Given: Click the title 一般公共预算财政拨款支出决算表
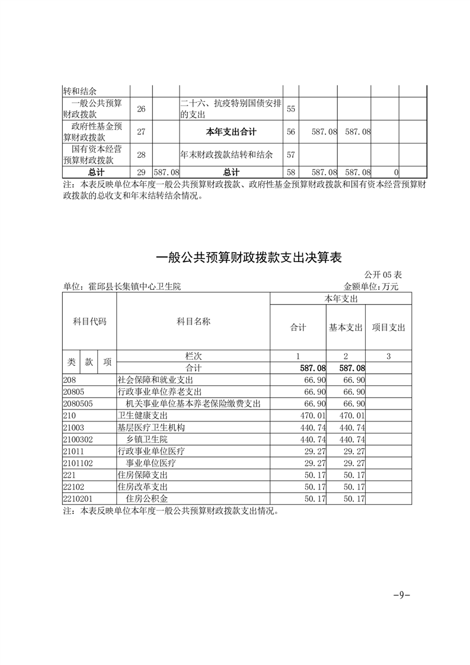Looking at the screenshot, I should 248,258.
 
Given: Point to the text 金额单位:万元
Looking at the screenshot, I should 371,286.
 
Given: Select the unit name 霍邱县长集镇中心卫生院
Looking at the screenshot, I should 122,286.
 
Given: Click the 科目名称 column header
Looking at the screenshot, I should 193,321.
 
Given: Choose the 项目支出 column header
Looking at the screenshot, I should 388,327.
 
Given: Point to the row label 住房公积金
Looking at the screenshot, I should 147,499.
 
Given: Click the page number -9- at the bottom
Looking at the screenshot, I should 402,596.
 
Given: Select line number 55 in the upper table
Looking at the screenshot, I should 290,109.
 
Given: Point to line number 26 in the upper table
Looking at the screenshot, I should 140,109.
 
